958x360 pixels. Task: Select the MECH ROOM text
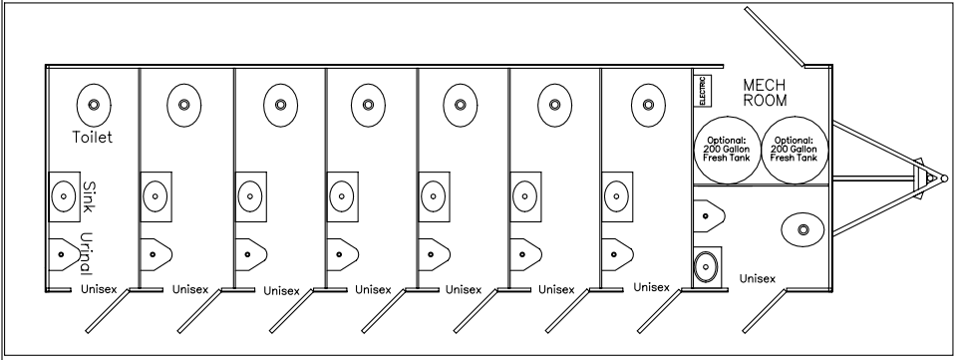(x=766, y=93)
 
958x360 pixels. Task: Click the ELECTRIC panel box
(x=702, y=93)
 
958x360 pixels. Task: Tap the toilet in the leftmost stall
(x=93, y=104)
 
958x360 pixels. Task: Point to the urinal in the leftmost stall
(x=65, y=255)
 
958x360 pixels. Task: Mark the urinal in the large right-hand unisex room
(x=709, y=212)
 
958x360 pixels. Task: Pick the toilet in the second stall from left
(x=184, y=104)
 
